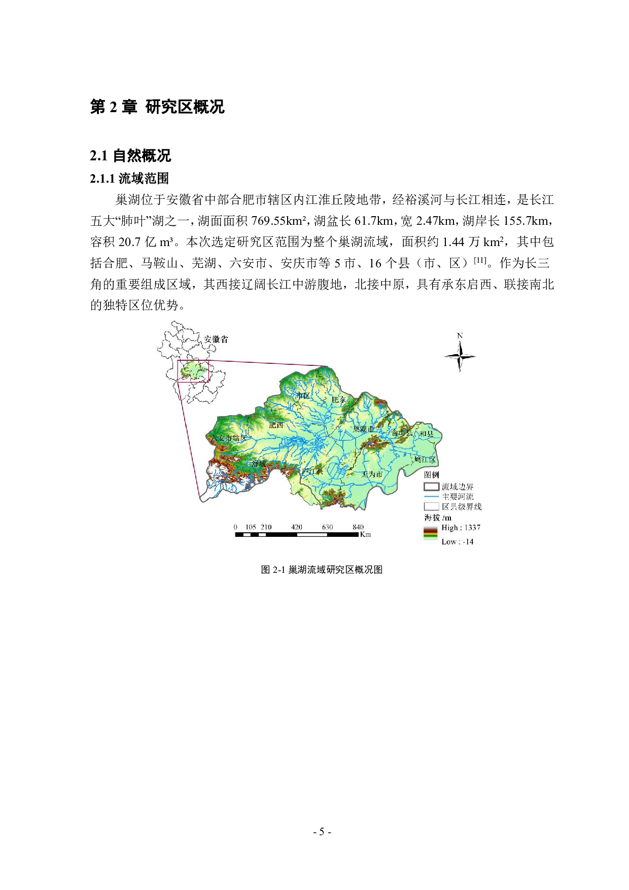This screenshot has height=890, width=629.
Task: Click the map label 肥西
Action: click(276, 425)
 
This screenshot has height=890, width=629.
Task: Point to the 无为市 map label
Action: click(372, 474)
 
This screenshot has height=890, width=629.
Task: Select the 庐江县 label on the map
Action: click(312, 471)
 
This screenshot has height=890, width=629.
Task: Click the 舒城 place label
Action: click(259, 463)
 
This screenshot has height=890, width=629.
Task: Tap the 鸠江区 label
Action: click(425, 460)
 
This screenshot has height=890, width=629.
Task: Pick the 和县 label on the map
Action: click(426, 434)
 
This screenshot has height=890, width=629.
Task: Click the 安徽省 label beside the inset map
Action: click(216, 339)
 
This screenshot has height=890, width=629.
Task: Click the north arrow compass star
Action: click(460, 356)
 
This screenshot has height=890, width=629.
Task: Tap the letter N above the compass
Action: click(460, 335)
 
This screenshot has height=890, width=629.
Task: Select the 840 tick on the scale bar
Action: click(358, 527)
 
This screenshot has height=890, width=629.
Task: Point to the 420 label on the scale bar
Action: click(297, 527)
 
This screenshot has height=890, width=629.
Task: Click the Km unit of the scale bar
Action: click(365, 534)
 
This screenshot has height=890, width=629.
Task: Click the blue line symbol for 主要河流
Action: click(431, 497)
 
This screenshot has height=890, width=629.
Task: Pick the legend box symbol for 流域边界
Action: click(431, 487)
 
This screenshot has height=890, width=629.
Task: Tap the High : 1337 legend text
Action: click(461, 528)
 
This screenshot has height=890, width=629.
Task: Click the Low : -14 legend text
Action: click(457, 542)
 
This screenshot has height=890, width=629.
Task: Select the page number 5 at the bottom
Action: click(322, 832)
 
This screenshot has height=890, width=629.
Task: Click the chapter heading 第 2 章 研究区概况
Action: click(157, 107)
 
